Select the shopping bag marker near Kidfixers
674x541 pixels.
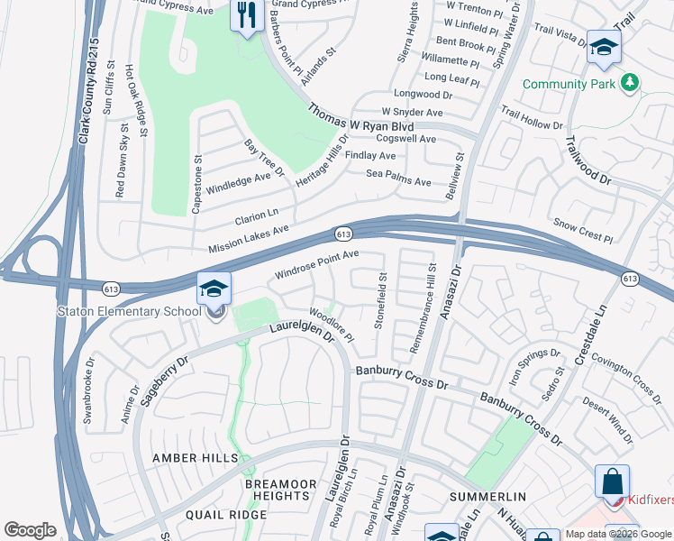click(x=613, y=481)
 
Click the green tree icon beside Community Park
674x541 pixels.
click(x=630, y=83)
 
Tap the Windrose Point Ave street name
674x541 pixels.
click(x=316, y=265)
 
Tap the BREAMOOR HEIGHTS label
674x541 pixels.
click(x=281, y=491)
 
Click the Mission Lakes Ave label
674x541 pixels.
click(x=248, y=239)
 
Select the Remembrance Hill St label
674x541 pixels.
click(x=424, y=307)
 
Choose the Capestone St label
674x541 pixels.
click(x=196, y=184)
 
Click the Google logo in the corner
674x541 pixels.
click(x=30, y=530)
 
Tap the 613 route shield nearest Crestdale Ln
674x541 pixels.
click(x=629, y=280)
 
